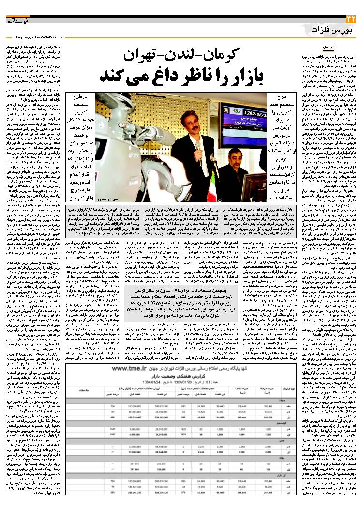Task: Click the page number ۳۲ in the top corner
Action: (351, 19)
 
